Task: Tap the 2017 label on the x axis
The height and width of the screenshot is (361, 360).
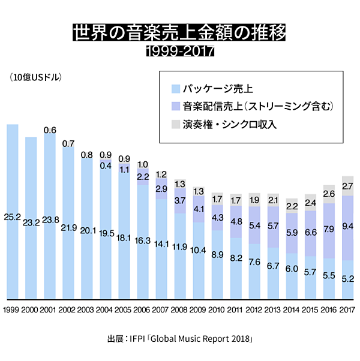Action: point(347,309)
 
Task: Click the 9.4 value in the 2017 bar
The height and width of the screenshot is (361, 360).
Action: point(347,227)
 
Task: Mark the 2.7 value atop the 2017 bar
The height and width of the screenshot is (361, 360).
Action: point(347,186)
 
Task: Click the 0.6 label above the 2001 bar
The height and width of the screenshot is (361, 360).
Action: point(50,130)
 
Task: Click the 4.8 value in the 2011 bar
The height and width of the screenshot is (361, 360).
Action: point(236,222)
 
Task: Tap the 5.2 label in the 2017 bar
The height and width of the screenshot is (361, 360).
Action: point(347,279)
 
